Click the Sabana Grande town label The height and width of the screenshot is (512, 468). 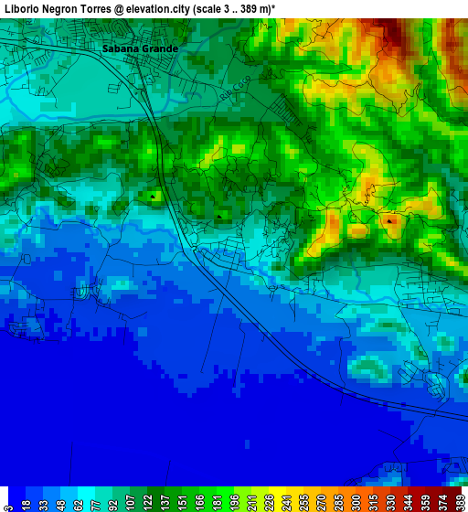pyautogui.click(x=140, y=48)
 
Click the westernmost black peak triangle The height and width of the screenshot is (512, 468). pyautogui.click(x=154, y=195)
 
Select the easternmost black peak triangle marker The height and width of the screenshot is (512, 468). pyautogui.click(x=390, y=220)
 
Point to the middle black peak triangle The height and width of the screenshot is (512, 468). pyautogui.click(x=220, y=216)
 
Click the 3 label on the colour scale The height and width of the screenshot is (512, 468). pyautogui.click(x=7, y=503)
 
